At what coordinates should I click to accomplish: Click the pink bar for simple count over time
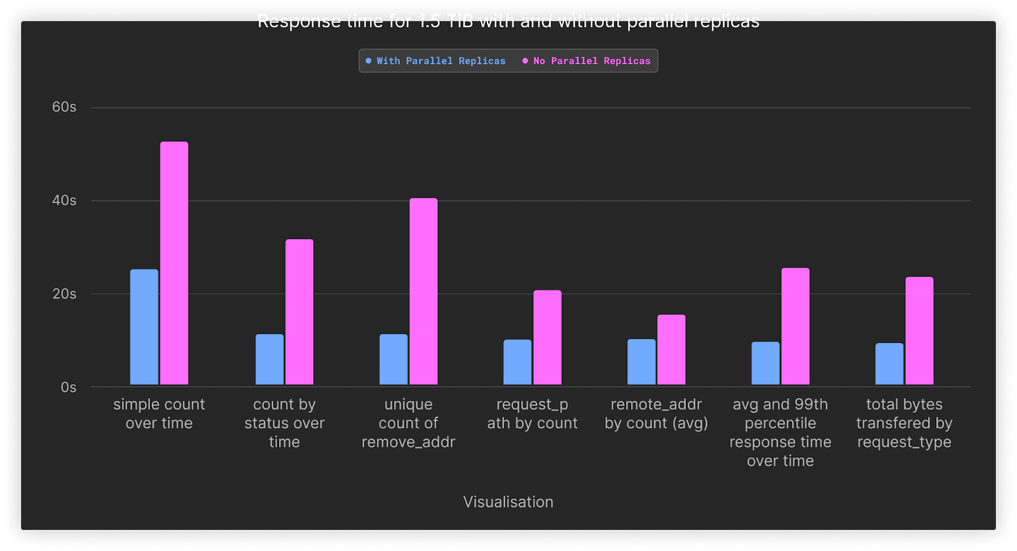pos(174,263)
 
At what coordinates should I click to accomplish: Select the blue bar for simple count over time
pos(144,327)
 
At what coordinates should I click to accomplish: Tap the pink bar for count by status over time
pos(299,312)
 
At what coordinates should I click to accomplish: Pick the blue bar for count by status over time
pos(270,359)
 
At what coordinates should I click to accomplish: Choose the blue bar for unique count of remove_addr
pos(393,359)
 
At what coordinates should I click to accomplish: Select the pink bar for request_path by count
pos(547,337)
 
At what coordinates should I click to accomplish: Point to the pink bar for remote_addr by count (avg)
pos(671,349)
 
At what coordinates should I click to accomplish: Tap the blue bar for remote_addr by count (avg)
pos(641,362)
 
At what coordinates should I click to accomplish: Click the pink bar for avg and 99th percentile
pos(795,326)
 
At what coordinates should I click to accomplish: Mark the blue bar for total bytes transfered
pos(889,364)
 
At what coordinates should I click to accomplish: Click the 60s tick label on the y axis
pos(64,107)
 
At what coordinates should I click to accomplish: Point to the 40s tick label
pos(64,200)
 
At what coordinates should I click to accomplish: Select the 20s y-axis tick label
pos(64,294)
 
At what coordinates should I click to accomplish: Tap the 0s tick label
pos(69,387)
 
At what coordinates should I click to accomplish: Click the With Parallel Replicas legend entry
pos(436,61)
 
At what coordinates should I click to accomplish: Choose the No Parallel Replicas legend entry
pos(587,61)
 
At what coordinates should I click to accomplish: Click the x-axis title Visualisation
pos(508,502)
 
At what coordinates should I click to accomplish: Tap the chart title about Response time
pos(508,21)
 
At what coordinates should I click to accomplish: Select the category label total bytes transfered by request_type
pos(904,423)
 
